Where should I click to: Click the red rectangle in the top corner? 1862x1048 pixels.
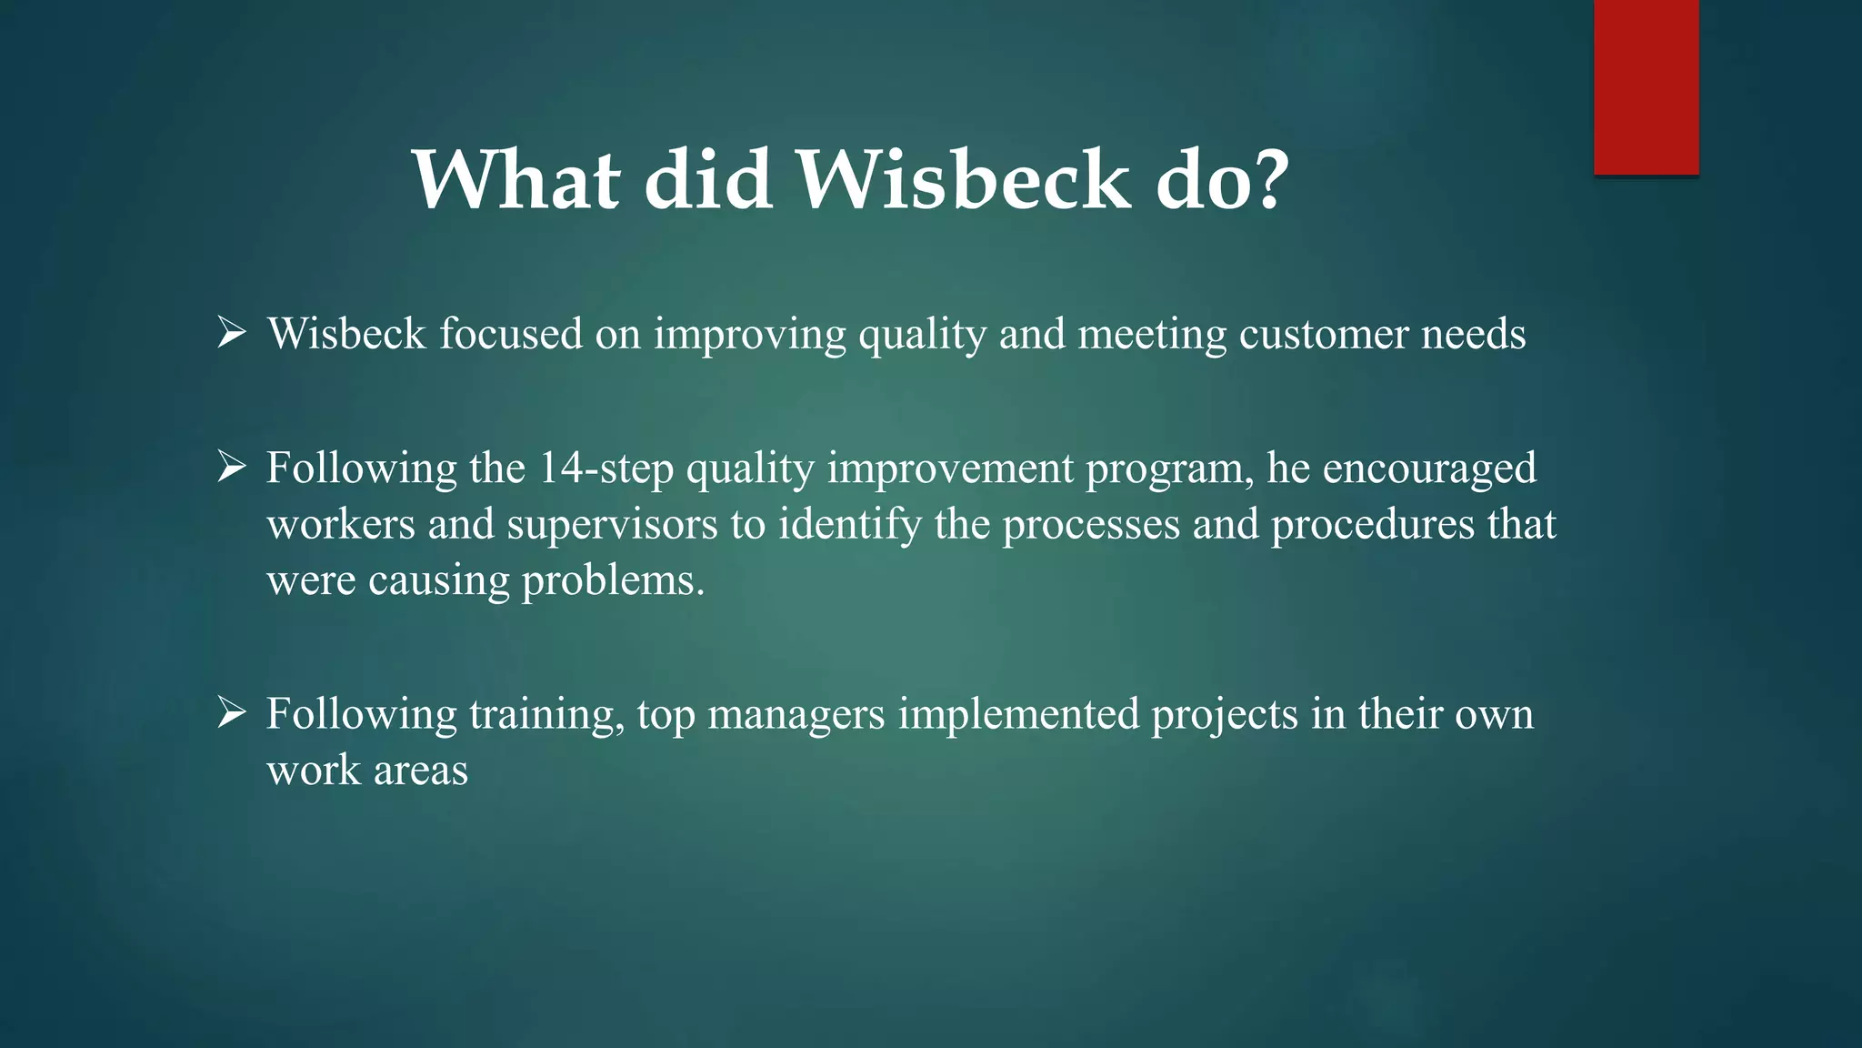pyautogui.click(x=1646, y=86)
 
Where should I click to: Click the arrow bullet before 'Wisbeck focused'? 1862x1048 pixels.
pyautogui.click(x=232, y=333)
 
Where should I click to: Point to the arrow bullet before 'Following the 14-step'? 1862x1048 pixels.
pyautogui.click(x=232, y=468)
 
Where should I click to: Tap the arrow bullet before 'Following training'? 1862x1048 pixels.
pyautogui.click(x=232, y=713)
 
